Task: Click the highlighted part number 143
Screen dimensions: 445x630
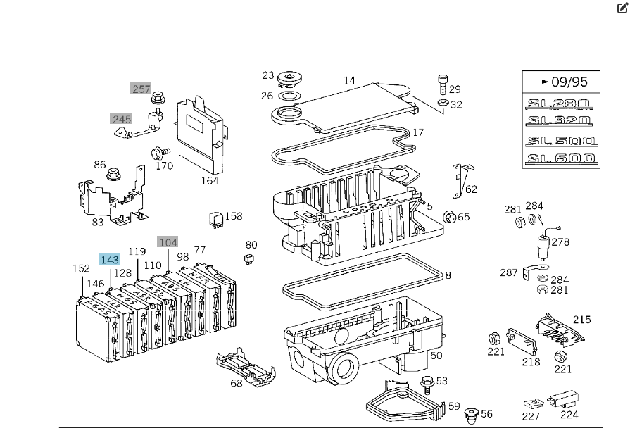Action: click(x=109, y=260)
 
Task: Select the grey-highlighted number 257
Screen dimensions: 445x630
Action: click(x=141, y=89)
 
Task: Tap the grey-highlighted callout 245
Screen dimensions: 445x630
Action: click(x=121, y=119)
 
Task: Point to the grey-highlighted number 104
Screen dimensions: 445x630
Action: click(x=168, y=242)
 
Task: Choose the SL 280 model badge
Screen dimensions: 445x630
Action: click(x=560, y=104)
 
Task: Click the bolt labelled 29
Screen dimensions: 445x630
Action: click(x=443, y=82)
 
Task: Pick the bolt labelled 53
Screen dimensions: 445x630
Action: click(x=425, y=383)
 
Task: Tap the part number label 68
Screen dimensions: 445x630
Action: click(x=237, y=383)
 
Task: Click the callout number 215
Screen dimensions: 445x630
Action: click(x=581, y=320)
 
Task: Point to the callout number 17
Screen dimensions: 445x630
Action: click(x=418, y=132)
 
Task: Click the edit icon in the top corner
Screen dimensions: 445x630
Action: click(x=622, y=8)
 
